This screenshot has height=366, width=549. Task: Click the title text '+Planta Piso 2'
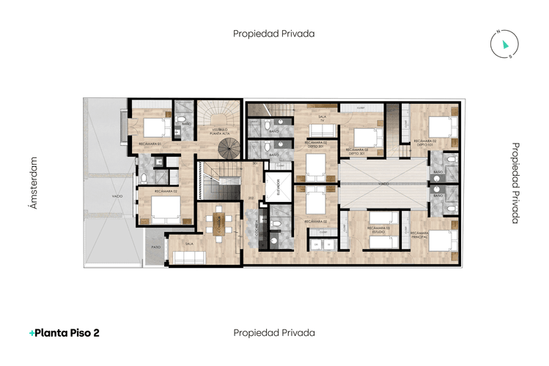click(x=65, y=332)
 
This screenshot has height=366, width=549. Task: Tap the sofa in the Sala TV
click(x=322, y=131)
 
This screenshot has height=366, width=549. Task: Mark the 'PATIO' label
click(x=155, y=247)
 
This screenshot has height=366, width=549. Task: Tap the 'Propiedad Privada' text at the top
click(x=274, y=34)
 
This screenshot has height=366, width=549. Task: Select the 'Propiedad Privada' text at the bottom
click(x=274, y=332)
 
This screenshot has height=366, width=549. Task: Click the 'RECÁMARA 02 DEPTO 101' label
click(x=425, y=143)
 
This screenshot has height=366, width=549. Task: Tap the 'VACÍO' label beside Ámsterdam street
click(x=117, y=197)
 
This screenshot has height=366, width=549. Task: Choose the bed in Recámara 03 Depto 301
click(x=363, y=137)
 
